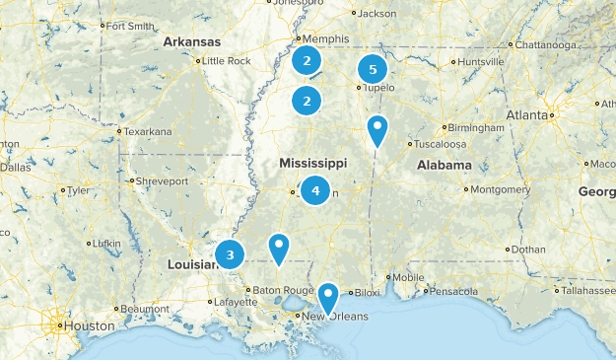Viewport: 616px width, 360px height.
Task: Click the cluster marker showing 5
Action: click(x=373, y=70)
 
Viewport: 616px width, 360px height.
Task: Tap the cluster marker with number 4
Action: click(x=315, y=189)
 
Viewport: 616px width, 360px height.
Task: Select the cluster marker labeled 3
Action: click(x=230, y=255)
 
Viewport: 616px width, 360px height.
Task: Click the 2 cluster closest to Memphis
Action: click(x=308, y=61)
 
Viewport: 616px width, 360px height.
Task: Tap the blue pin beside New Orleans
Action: click(x=327, y=296)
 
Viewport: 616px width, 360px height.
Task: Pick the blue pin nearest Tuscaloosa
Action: click(x=376, y=129)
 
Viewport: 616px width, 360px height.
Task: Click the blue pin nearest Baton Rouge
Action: click(x=279, y=248)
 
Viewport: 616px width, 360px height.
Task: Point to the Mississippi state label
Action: click(x=312, y=163)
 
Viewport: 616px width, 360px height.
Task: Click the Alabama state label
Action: click(x=444, y=165)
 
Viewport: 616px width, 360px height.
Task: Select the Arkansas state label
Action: click(x=191, y=41)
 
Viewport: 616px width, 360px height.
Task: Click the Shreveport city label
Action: click(x=162, y=181)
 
